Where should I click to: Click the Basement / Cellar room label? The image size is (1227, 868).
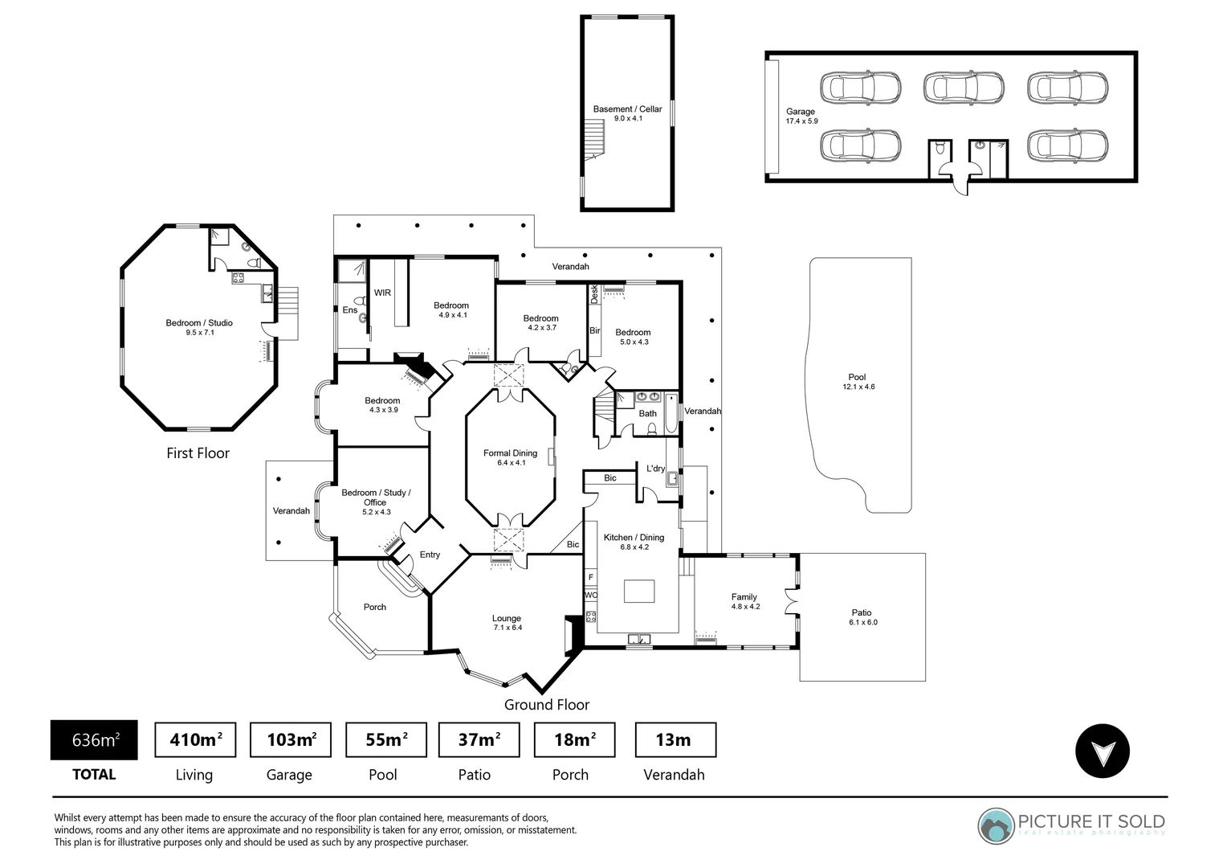627,113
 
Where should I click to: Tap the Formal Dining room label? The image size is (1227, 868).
510,457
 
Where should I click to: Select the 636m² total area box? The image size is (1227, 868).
94,739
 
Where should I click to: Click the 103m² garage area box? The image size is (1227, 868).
290,739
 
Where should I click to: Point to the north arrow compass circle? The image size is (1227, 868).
1102,751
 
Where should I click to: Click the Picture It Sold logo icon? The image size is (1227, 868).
996,826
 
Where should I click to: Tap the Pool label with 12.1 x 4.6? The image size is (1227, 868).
858,382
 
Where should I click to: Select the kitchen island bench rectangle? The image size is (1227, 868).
639,591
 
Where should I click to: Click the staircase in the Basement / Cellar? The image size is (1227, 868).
593,137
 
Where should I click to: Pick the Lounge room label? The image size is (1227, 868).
507,623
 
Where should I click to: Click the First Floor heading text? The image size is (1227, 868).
198,453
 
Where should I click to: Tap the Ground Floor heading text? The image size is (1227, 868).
546,705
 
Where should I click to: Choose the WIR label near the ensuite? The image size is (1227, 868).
382,293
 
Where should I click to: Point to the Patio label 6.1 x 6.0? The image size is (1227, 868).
862,616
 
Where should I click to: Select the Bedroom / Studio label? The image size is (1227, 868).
199,327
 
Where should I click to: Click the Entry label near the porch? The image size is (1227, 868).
430,555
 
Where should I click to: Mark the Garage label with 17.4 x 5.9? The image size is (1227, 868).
801,117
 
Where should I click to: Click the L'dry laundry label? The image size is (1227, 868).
655,469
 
